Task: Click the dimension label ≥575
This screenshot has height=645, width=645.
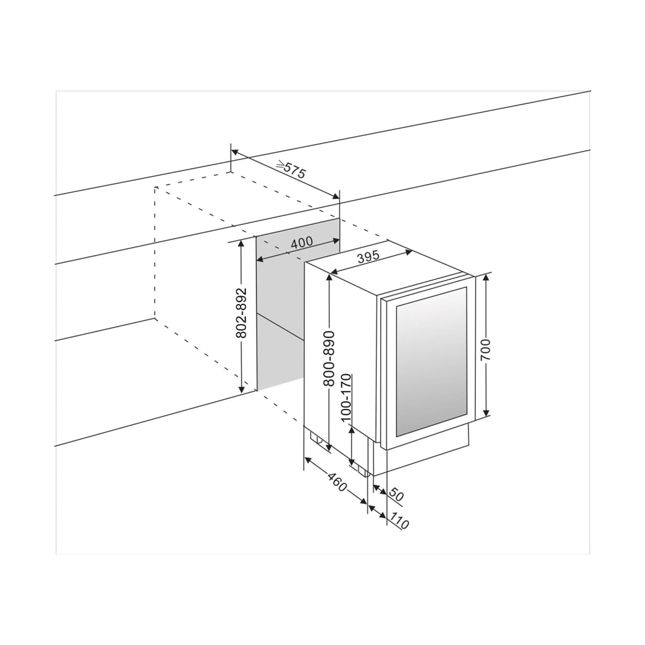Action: pos(291,169)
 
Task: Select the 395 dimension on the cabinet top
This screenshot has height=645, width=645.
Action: pos(368,257)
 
